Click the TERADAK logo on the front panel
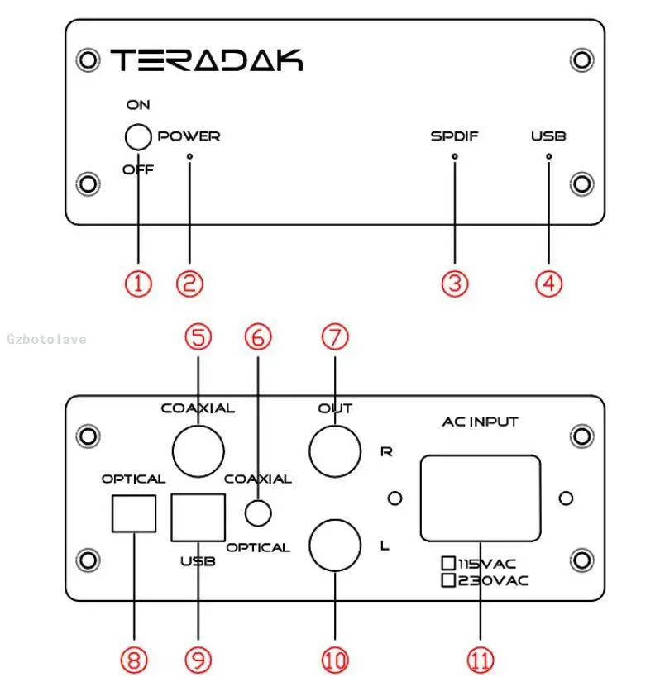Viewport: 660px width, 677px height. coord(207,60)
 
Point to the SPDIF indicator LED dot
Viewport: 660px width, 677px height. coord(454,156)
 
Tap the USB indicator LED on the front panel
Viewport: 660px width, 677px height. coord(548,156)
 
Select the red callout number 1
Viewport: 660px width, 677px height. coord(138,284)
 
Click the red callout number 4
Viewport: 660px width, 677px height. coord(548,284)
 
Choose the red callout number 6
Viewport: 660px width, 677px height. coord(258,337)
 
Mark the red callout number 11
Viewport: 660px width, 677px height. coord(481,660)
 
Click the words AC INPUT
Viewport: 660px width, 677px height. coord(481,422)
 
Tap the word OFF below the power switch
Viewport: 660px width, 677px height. coord(138,169)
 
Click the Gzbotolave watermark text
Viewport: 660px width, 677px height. coord(46,339)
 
